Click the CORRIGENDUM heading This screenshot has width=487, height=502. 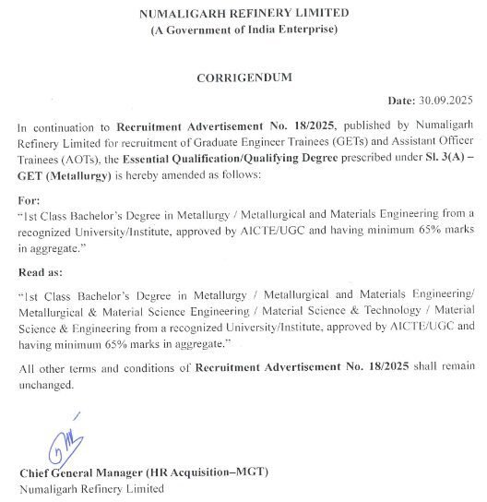243,78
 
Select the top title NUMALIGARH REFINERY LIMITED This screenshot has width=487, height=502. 243,12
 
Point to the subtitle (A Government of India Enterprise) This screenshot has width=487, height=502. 243,30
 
